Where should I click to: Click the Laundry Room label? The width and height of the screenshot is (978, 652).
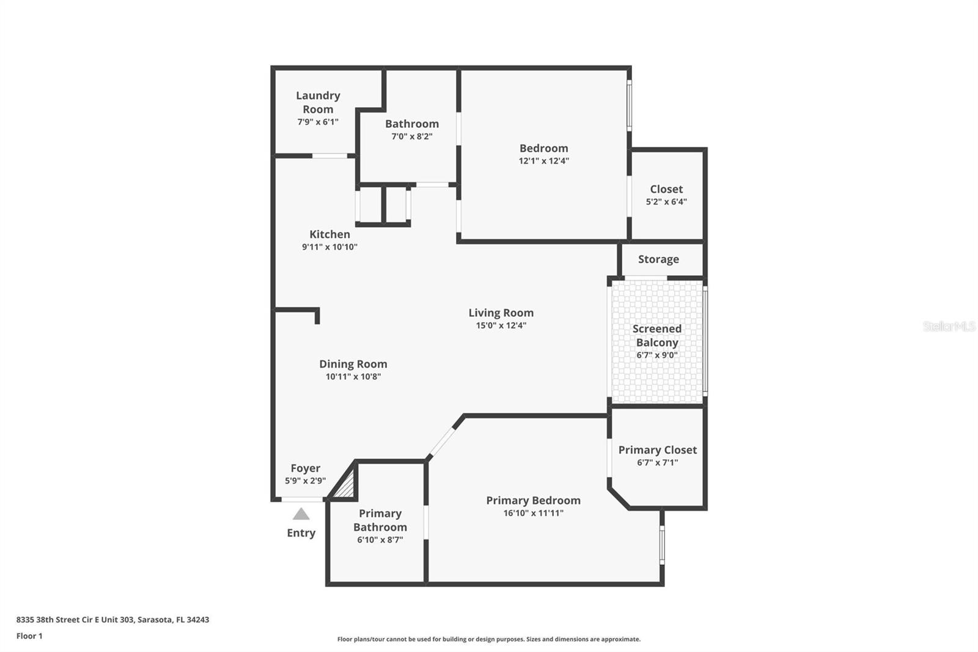point(318,102)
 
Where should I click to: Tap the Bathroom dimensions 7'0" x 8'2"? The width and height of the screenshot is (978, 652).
point(412,136)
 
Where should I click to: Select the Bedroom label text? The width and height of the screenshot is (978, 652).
point(543,148)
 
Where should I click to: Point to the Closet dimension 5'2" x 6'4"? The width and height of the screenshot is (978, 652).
point(666,202)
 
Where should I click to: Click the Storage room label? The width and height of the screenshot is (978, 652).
point(658,259)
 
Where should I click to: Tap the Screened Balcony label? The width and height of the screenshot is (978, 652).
point(656,335)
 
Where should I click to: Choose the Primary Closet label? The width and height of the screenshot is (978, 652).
point(657,450)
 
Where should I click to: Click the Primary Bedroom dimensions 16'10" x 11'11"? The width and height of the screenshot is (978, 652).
point(533,513)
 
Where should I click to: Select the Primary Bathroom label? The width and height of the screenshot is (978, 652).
point(380,520)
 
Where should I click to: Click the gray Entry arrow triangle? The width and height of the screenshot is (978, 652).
point(301,514)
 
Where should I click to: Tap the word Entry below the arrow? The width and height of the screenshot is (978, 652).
point(301,533)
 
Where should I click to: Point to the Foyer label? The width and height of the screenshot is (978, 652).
point(305,468)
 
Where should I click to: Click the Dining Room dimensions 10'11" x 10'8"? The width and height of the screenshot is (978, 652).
point(353,377)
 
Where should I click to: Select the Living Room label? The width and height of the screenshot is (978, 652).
point(501,313)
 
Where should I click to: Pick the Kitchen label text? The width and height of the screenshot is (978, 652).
point(329,234)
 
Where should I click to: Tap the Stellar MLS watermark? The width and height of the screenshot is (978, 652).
point(949,327)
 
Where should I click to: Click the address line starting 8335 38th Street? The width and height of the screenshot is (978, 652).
point(112,620)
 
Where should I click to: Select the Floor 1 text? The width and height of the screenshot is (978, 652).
point(29,636)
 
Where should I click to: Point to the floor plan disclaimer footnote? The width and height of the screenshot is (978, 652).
point(488,639)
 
